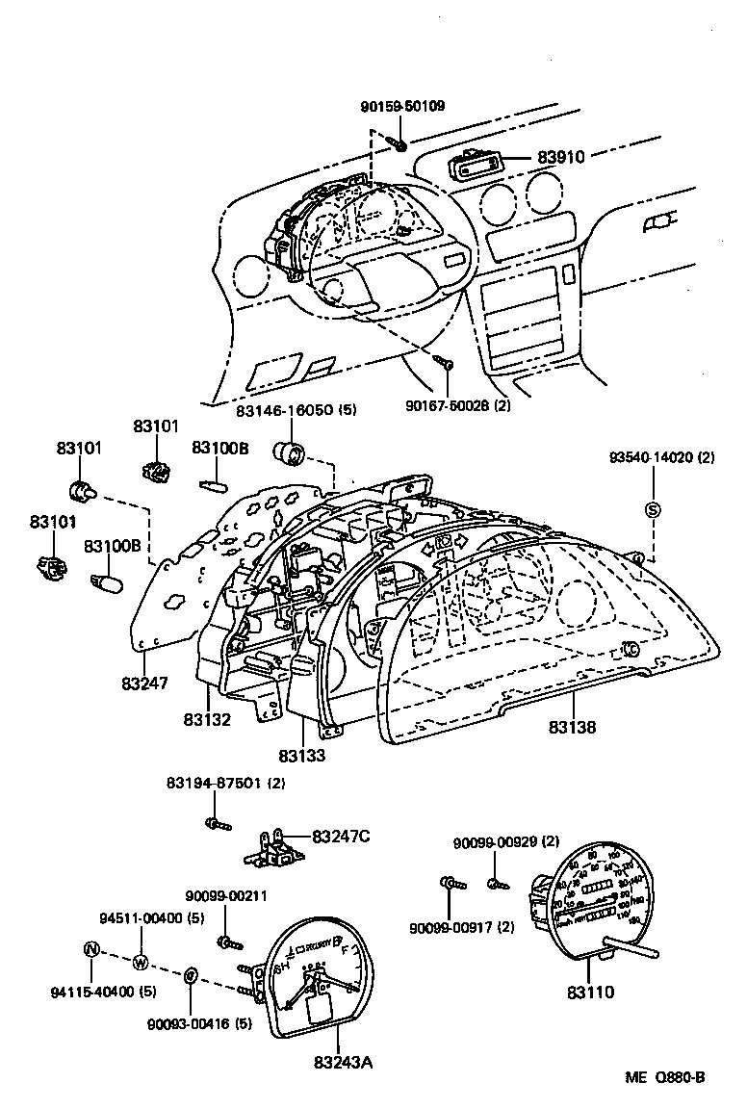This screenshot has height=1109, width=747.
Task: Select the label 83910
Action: [x=562, y=157]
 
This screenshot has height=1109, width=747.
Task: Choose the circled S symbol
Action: [x=652, y=509]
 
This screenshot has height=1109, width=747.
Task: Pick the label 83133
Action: [x=302, y=757]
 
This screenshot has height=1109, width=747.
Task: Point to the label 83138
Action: [x=573, y=728]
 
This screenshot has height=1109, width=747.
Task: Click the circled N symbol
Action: [x=91, y=949]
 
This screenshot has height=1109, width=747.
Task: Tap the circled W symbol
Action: [x=141, y=963]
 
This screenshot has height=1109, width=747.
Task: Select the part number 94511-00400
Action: [x=152, y=917]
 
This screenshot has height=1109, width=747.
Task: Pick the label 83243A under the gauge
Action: [x=342, y=1063]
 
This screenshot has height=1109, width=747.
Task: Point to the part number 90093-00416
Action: [x=199, y=1023]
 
